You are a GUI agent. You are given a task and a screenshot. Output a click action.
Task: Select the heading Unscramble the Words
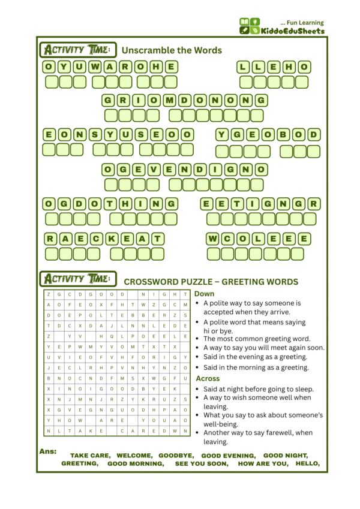coord(172,50)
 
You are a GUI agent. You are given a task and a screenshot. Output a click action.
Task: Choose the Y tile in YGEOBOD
coord(223,134)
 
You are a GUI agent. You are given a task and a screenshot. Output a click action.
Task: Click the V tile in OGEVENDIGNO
coord(155,169)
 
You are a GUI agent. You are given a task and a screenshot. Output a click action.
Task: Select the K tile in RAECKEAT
coord(111,239)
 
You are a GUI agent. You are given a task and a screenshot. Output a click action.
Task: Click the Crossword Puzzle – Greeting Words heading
coord(211,282)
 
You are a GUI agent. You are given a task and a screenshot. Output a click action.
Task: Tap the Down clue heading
coord(204,294)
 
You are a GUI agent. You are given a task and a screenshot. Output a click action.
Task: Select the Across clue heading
coord(208,378)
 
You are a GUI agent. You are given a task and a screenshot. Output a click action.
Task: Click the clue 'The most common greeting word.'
coord(256,339)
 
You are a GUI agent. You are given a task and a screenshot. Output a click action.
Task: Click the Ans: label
coord(47,451)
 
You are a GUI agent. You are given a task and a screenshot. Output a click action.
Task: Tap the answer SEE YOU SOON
coord(201,463)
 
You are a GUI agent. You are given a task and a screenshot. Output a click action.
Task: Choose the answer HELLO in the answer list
coord(308,463)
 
